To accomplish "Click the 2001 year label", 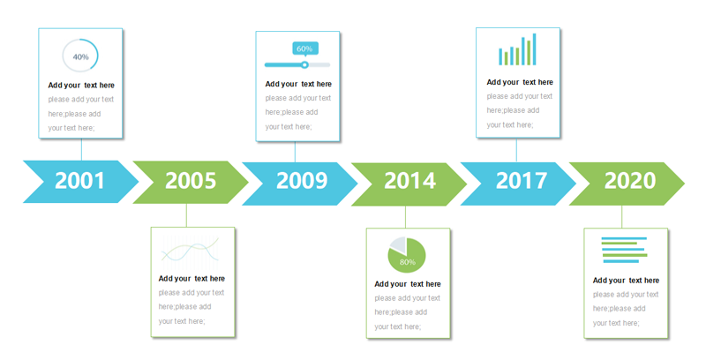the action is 79,181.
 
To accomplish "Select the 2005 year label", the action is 191,181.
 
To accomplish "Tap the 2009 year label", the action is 302,181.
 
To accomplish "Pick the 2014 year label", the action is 409,181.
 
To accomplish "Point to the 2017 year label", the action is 521,181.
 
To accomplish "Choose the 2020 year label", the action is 630,181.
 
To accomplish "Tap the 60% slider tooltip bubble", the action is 304,49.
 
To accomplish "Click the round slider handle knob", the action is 304,64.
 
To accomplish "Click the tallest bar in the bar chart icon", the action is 535,49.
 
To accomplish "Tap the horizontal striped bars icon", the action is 625,250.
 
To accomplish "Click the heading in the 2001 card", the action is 81,85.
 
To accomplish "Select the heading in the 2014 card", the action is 408,284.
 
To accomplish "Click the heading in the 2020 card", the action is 626,281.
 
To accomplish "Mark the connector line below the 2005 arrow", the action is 186,215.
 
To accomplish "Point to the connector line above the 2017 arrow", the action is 516,150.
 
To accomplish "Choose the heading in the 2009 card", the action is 298,84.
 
